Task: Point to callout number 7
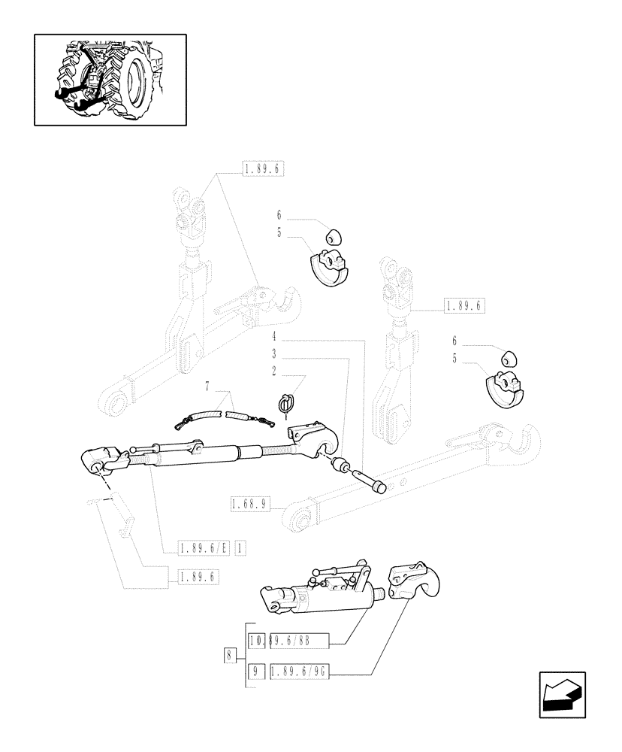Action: (x=208, y=386)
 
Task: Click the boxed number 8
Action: (x=228, y=654)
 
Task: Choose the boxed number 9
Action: (x=256, y=669)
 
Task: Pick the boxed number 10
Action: (x=255, y=640)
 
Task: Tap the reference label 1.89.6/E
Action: (x=203, y=547)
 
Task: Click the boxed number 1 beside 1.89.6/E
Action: (x=240, y=547)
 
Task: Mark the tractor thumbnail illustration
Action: (x=110, y=79)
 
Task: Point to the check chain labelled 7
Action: (x=225, y=414)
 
